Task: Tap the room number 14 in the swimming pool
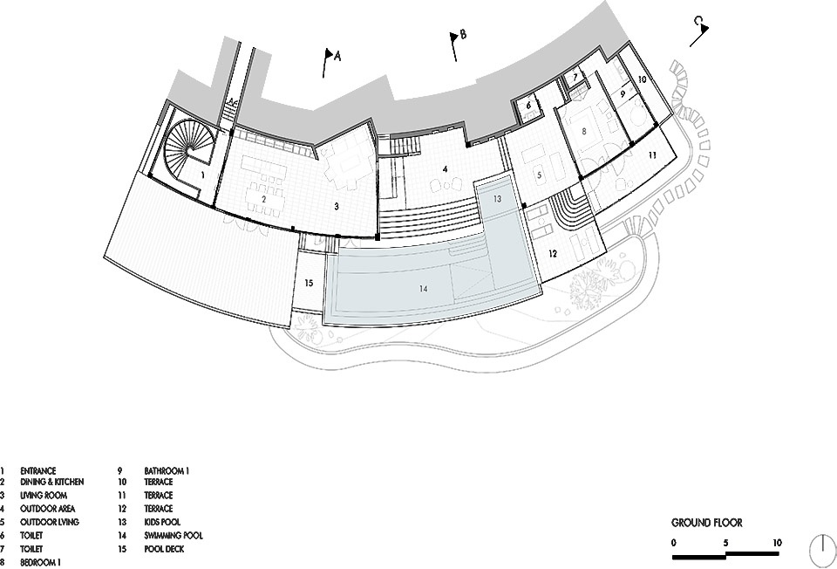click(x=424, y=289)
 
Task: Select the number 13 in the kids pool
click(x=498, y=199)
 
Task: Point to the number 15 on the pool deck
click(x=309, y=283)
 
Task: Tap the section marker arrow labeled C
click(x=700, y=31)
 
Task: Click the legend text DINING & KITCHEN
click(x=51, y=482)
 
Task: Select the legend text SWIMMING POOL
click(x=174, y=535)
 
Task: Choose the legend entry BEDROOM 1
click(x=41, y=562)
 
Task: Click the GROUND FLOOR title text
click(x=707, y=523)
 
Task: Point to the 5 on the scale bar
click(x=725, y=543)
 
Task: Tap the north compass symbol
click(x=822, y=552)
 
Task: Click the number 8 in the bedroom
click(x=584, y=130)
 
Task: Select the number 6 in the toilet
click(x=529, y=106)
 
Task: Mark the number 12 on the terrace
click(x=553, y=254)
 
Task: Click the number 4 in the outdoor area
click(x=445, y=169)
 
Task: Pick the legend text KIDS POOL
click(x=162, y=522)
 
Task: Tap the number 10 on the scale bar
click(x=777, y=543)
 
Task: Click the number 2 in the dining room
click(x=263, y=199)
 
